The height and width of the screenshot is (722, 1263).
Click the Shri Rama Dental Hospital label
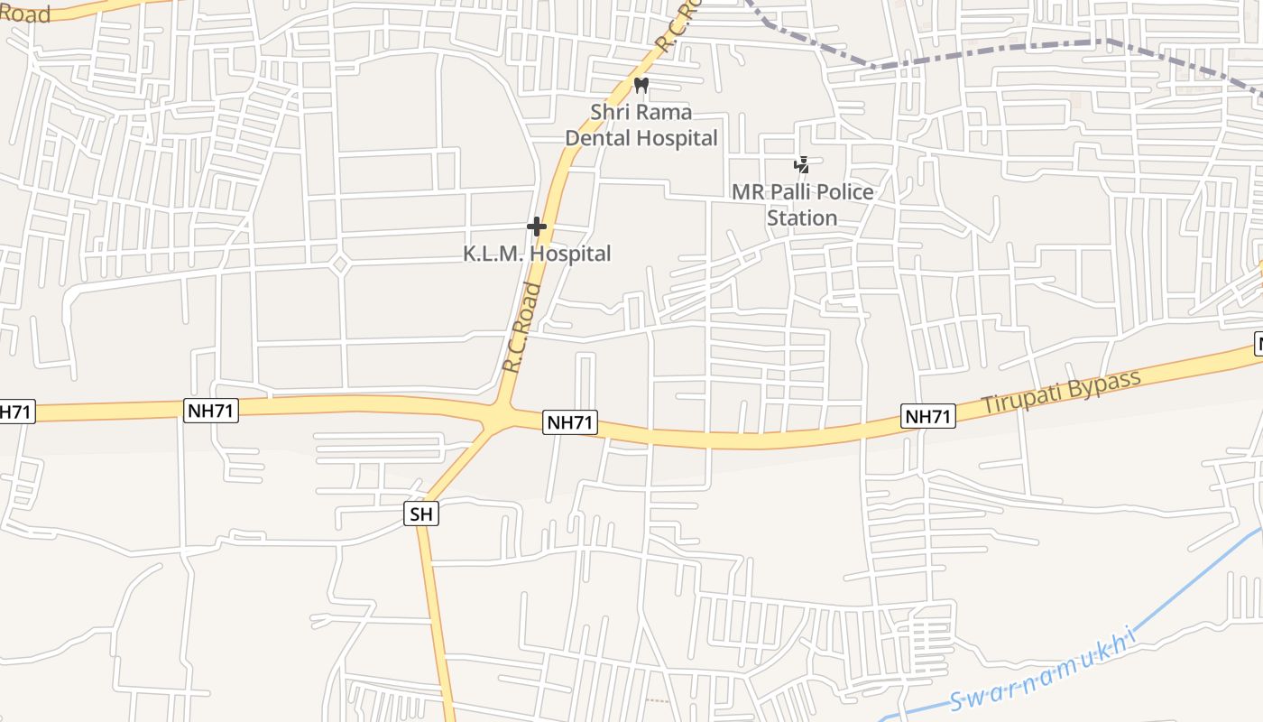click(x=641, y=125)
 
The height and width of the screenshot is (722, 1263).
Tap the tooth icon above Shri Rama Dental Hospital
click(x=641, y=86)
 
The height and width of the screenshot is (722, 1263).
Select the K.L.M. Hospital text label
click(x=537, y=254)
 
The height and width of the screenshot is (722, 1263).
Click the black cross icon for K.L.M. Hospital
click(x=537, y=226)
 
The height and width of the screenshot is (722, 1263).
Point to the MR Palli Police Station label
click(x=802, y=205)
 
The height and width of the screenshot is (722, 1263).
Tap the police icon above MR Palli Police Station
click(x=801, y=165)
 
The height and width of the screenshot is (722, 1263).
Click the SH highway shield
click(x=421, y=514)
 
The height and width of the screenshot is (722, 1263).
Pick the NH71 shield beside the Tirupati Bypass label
click(x=928, y=416)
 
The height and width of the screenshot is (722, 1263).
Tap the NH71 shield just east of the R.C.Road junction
click(x=570, y=422)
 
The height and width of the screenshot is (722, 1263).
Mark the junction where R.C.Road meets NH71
click(x=498, y=418)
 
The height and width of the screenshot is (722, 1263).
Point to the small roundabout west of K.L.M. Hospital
click(x=339, y=264)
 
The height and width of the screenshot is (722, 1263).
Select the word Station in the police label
click(x=802, y=218)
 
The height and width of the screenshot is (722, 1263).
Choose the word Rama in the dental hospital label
click(x=666, y=112)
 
